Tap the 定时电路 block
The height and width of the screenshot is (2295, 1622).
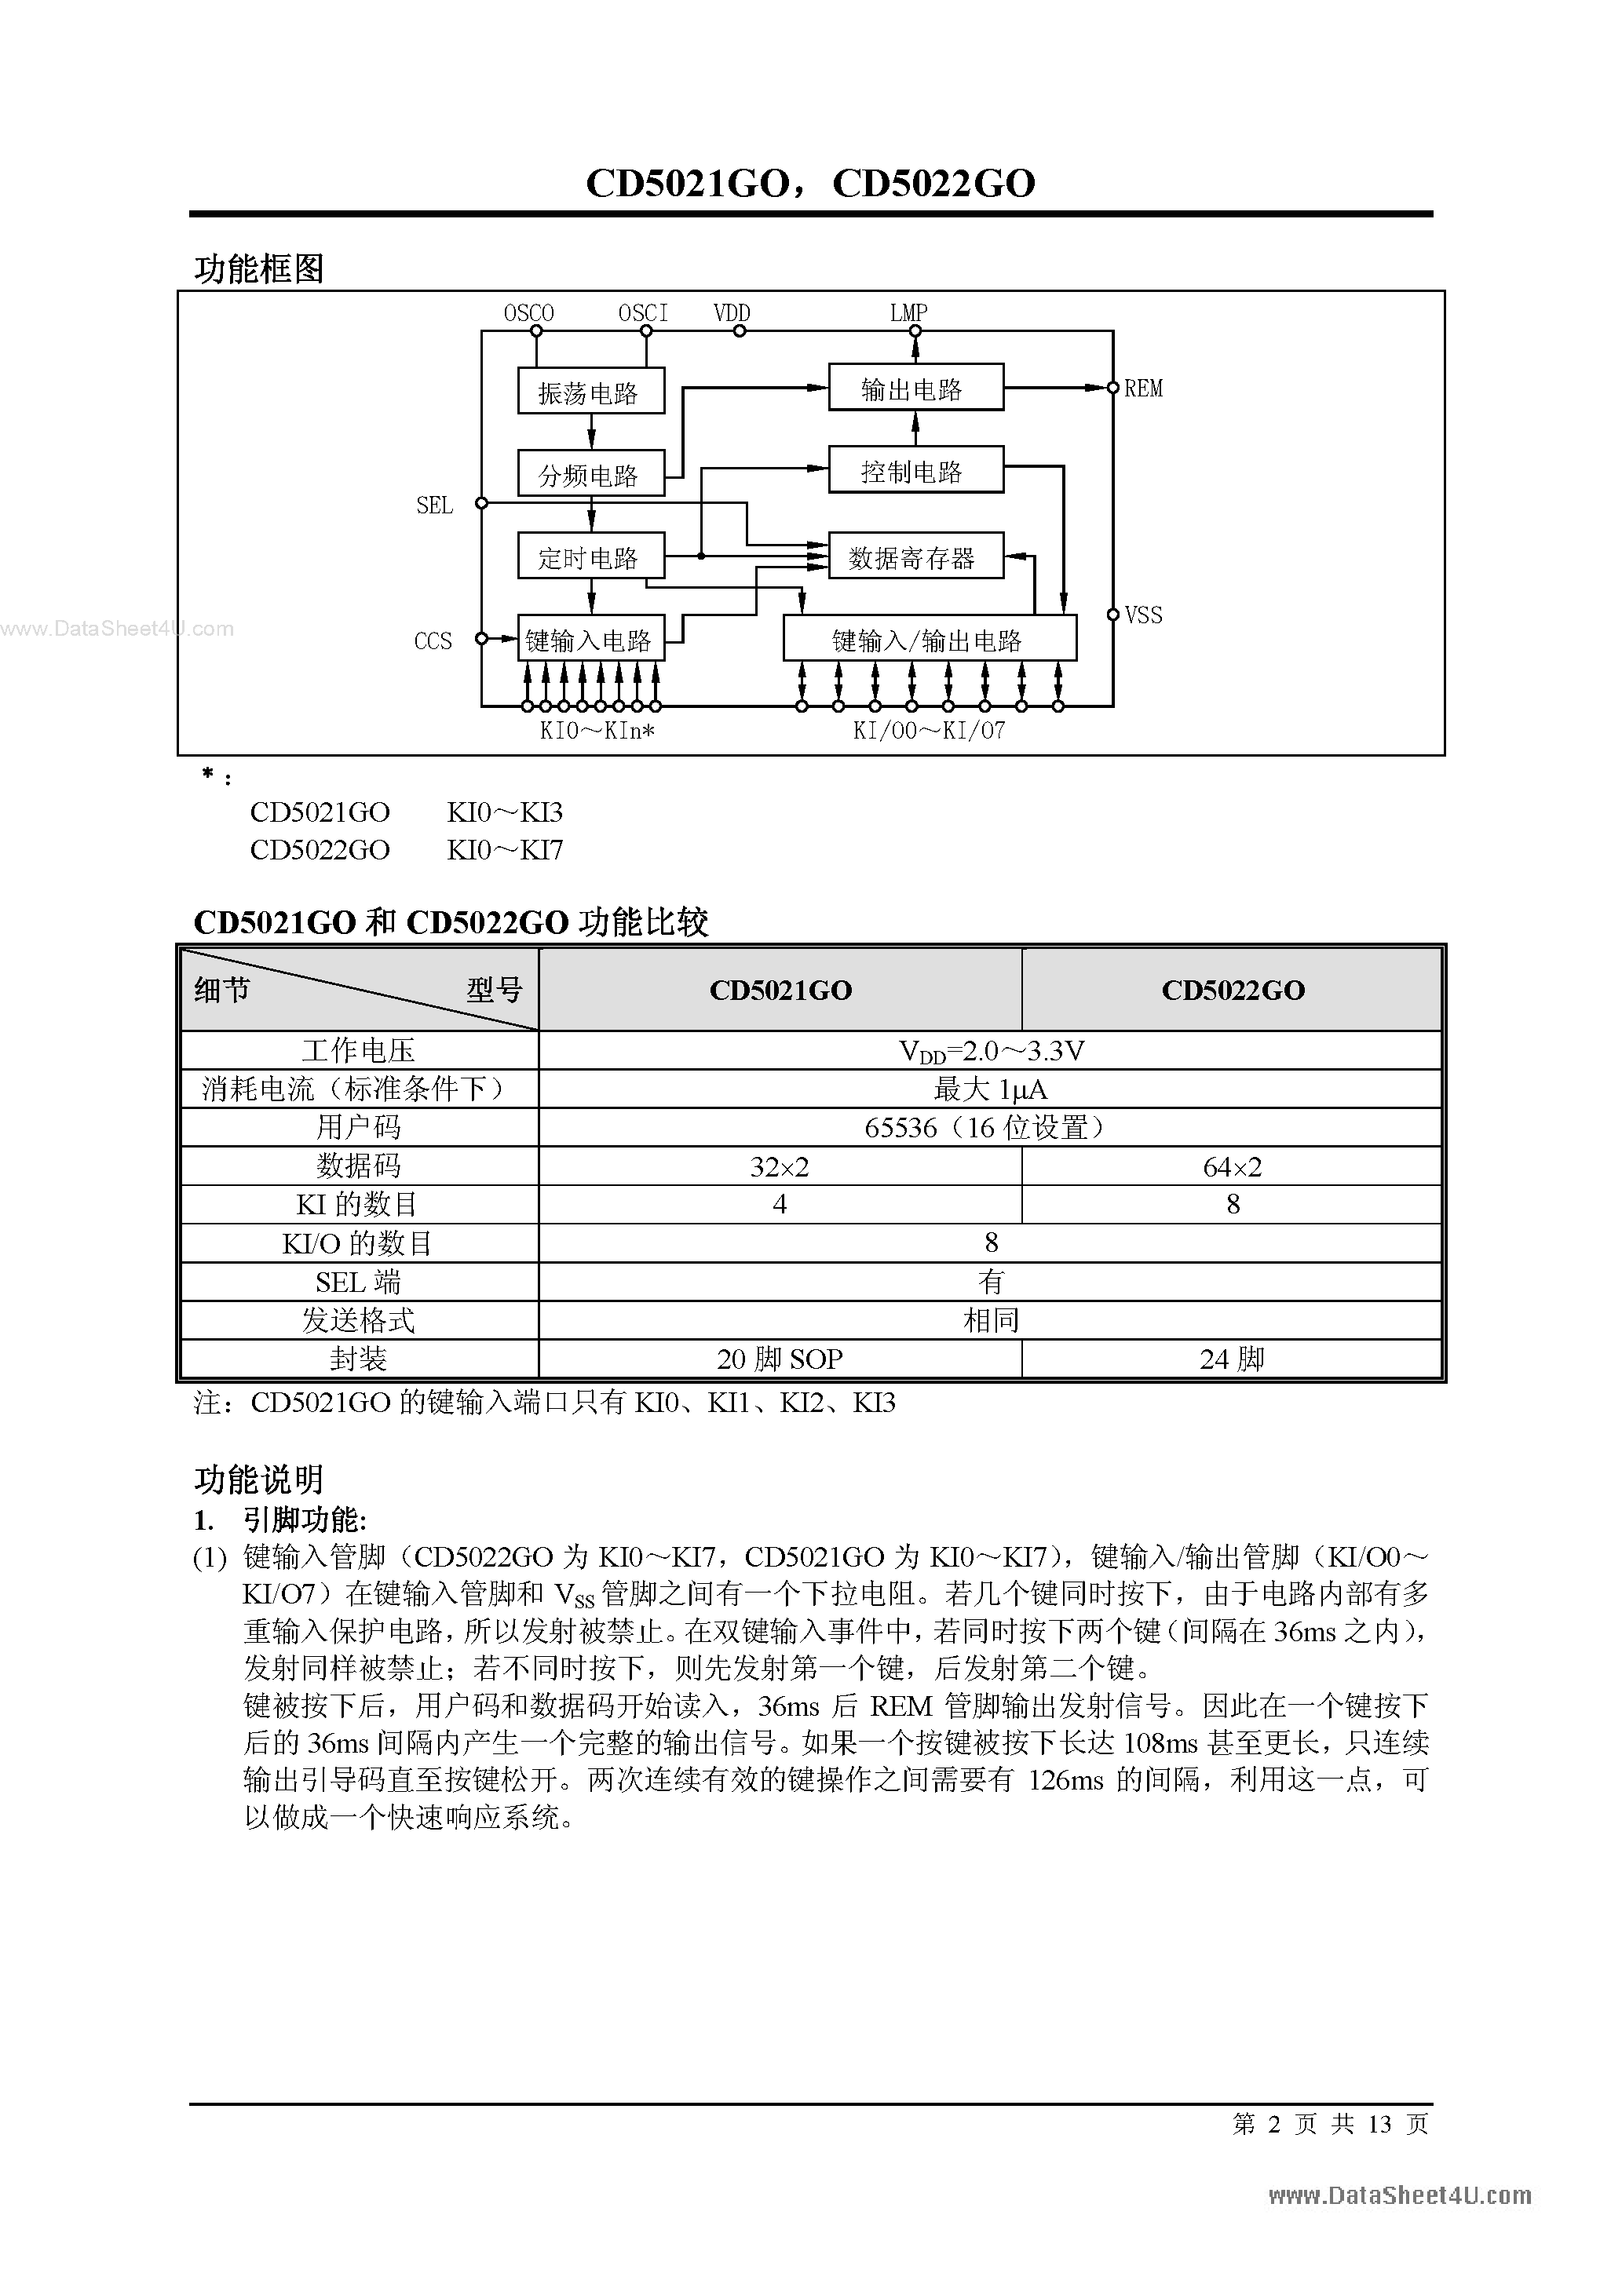pyautogui.click(x=590, y=556)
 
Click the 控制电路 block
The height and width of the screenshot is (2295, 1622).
pyautogui.click(x=915, y=471)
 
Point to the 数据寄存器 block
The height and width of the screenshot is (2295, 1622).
pyautogui.click(x=915, y=556)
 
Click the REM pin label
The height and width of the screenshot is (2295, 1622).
pyautogui.click(x=1143, y=389)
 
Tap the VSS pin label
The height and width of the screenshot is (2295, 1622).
pyautogui.click(x=1143, y=615)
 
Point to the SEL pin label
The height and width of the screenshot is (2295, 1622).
pyautogui.click(x=434, y=505)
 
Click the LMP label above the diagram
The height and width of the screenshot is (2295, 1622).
pyautogui.click(x=909, y=313)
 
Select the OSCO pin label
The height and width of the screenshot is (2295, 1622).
pyautogui.click(x=528, y=313)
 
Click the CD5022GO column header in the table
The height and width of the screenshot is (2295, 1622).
pyautogui.click(x=1232, y=990)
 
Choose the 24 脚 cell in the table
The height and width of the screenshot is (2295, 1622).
pyautogui.click(x=1232, y=1359)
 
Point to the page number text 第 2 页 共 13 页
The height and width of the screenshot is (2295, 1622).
pyautogui.click(x=1330, y=2123)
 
